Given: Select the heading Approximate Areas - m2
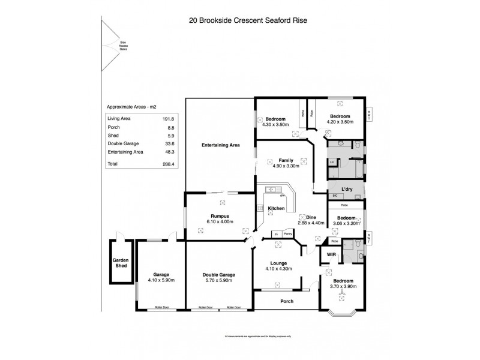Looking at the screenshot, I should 131,107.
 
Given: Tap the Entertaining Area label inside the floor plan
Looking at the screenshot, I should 220,145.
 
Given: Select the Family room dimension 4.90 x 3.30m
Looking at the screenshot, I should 286,167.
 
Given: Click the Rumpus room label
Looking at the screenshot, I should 221,216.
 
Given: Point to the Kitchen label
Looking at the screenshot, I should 276,208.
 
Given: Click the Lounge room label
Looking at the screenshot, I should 278,263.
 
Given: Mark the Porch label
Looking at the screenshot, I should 287,301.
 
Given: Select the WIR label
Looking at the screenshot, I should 331,255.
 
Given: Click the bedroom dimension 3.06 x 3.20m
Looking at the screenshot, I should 346,223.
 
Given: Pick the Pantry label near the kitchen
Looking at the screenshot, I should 288,233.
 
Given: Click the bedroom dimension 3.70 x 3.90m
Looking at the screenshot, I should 343,287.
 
